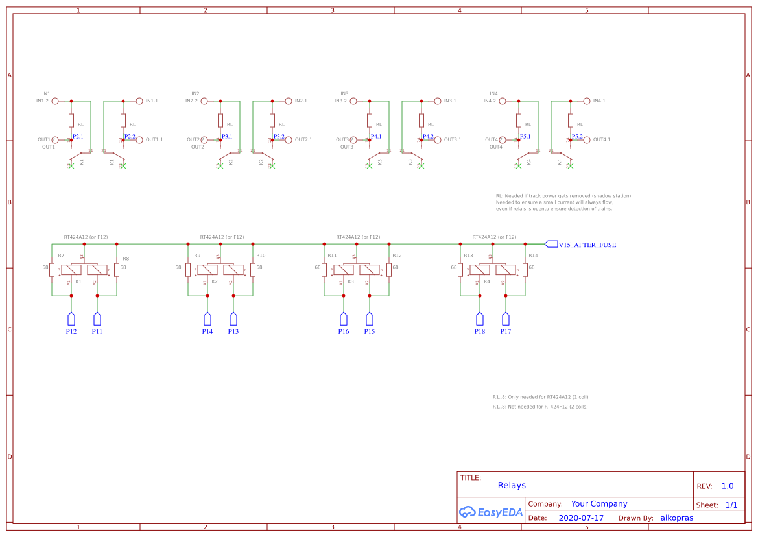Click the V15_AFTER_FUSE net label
pyautogui.click(x=587, y=245)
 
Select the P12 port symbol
pyautogui.click(x=71, y=318)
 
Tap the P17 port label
pyautogui.click(x=506, y=331)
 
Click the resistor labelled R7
pyautogui.click(x=52, y=270)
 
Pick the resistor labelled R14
pyautogui.click(x=525, y=270)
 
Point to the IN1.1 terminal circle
pyautogui.click(x=139, y=101)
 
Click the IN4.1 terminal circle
pyautogui.click(x=587, y=101)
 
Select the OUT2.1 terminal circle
pyautogui.click(x=289, y=140)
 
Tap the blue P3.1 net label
pyautogui.click(x=227, y=136)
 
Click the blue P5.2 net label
pyautogui.click(x=577, y=136)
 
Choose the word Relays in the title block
pyautogui.click(x=512, y=485)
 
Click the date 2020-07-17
pyautogui.click(x=581, y=518)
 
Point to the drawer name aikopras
pyautogui.click(x=676, y=518)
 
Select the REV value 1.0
pyautogui.click(x=727, y=486)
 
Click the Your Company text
pyautogui.click(x=599, y=503)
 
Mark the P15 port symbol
pyautogui.click(x=370, y=318)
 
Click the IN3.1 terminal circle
pyautogui.click(x=438, y=101)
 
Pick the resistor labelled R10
pyautogui.click(x=253, y=270)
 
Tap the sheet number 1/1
pyautogui.click(x=731, y=505)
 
